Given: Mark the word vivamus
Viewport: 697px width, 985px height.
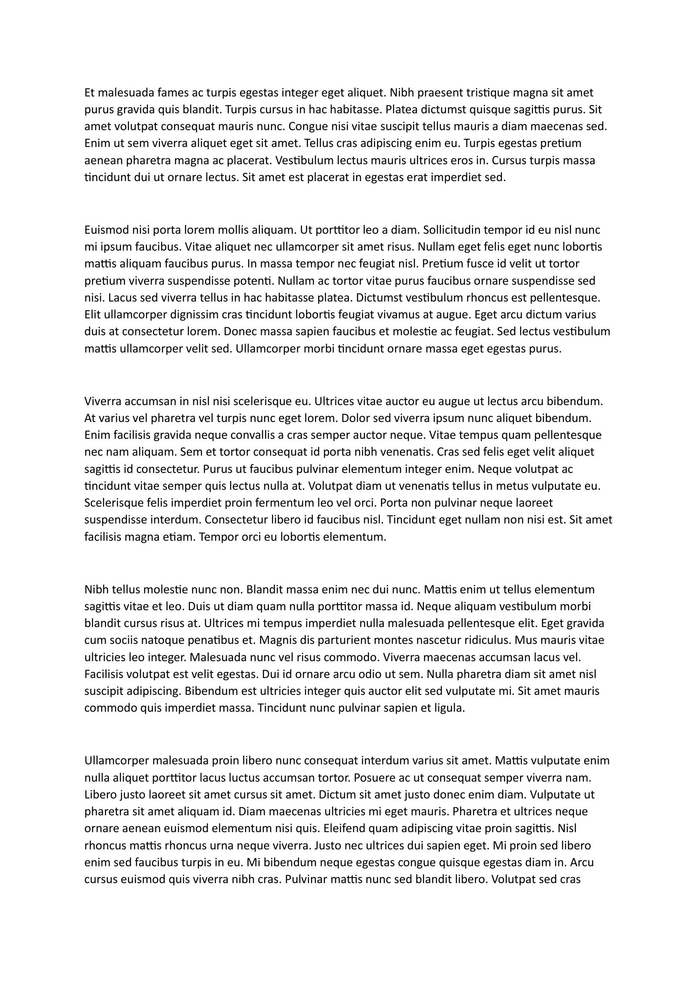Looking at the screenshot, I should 400,315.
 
